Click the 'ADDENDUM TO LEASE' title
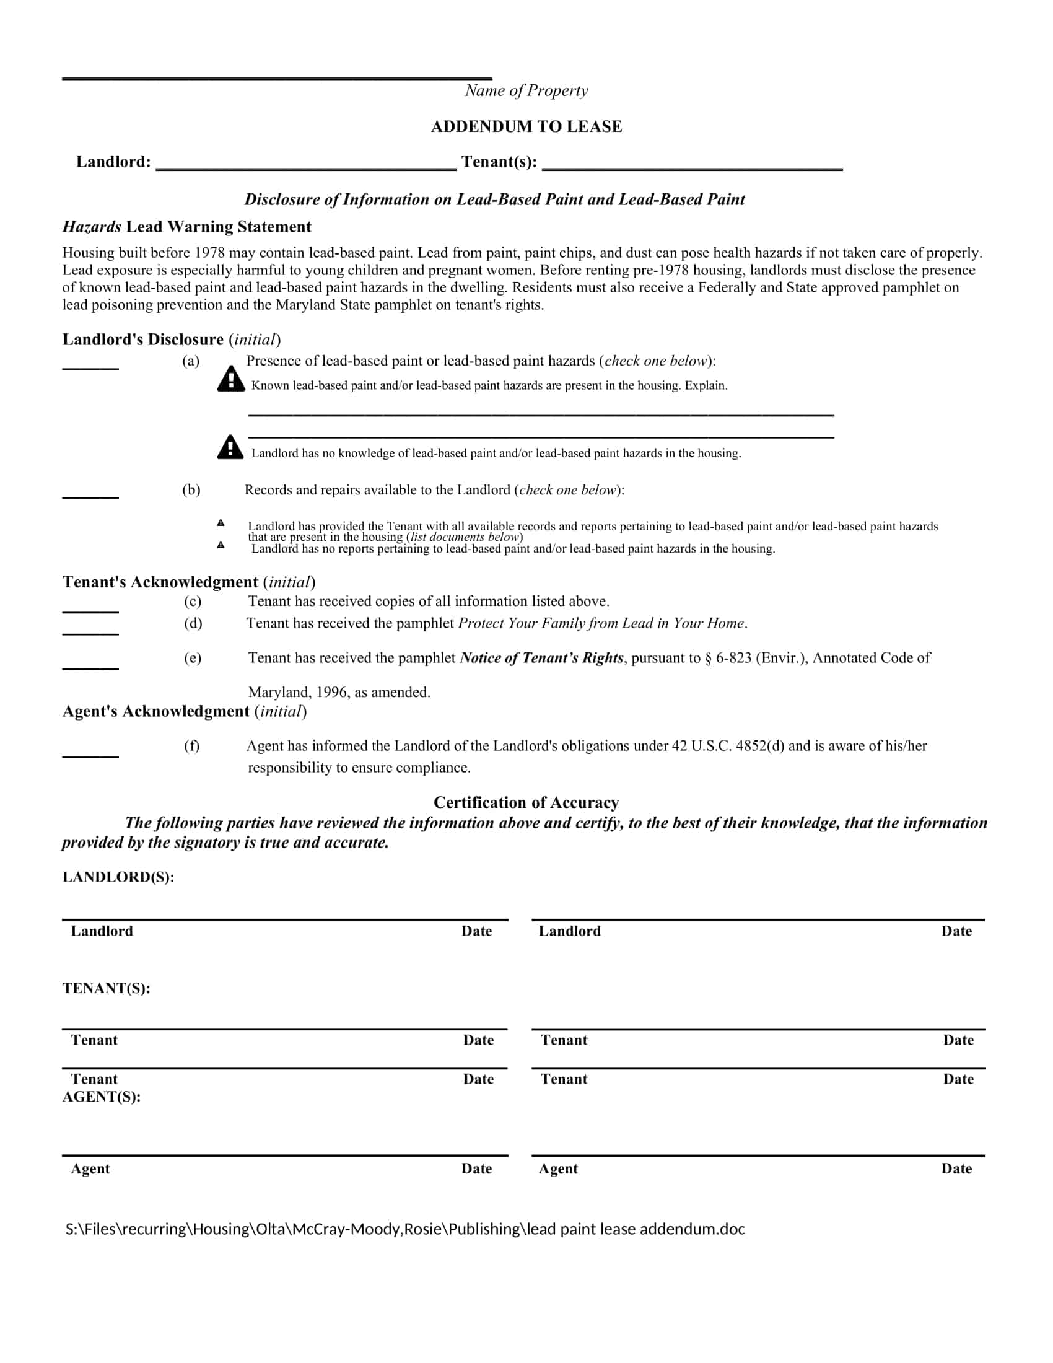pyautogui.click(x=526, y=126)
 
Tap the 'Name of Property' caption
pyautogui.click(x=526, y=91)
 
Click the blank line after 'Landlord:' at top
pyautogui.click(x=305, y=167)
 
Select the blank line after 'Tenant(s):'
pyautogui.click(x=693, y=167)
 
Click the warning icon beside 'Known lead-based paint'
pyautogui.click(x=231, y=379)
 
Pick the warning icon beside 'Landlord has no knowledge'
pyautogui.click(x=230, y=447)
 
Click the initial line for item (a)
pyautogui.click(x=90, y=367)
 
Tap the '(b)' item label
pyautogui.click(x=191, y=490)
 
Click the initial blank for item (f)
pyautogui.click(x=90, y=756)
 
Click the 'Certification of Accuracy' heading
pyautogui.click(x=526, y=802)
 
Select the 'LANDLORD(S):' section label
pyautogui.click(x=118, y=877)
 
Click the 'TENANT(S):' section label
pyautogui.click(x=107, y=989)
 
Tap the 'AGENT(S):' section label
pyautogui.click(x=102, y=1097)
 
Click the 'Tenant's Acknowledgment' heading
pyautogui.click(x=160, y=582)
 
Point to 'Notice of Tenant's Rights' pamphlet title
pyautogui.click(x=541, y=658)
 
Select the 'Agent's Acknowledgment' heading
pyautogui.click(x=156, y=711)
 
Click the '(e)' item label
pyautogui.click(x=193, y=658)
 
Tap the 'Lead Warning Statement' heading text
pyautogui.click(x=218, y=227)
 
